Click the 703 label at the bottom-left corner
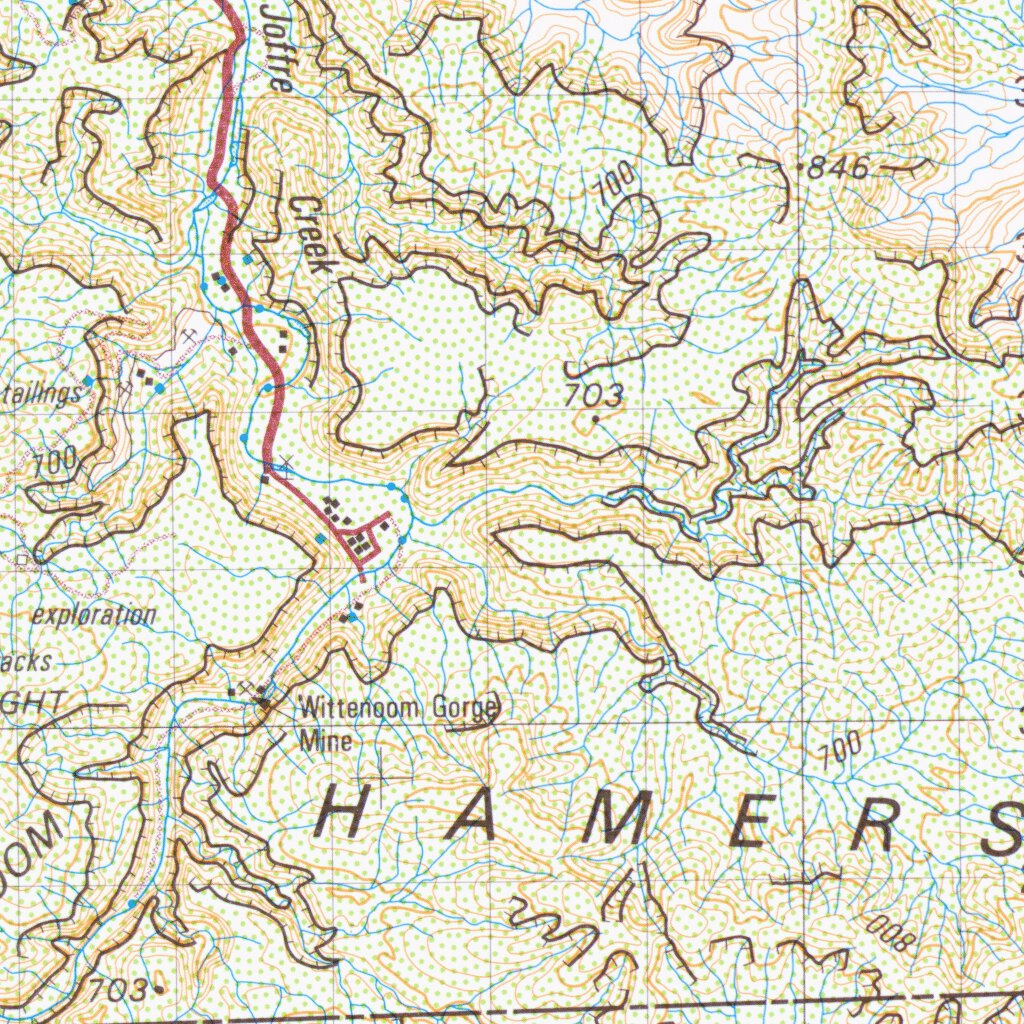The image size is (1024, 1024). coord(117,990)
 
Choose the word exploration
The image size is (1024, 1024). coord(93,614)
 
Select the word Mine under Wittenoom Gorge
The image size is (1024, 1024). coord(326,742)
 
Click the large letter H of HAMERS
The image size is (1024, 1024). coord(344,815)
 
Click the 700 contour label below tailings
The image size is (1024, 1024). coord(54,464)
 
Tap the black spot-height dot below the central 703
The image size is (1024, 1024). coord(595,419)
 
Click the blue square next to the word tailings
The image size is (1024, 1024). coord(89,381)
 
